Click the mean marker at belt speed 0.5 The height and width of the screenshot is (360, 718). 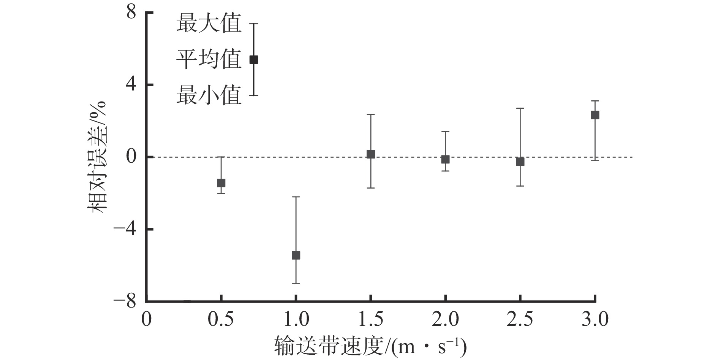coord(221,183)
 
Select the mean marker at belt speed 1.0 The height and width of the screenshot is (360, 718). coord(296,255)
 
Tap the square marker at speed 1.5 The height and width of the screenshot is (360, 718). coord(371,154)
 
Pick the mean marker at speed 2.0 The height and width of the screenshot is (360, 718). coord(445,159)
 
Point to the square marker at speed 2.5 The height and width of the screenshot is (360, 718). coord(520,162)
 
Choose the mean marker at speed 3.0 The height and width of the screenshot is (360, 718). coord(595,115)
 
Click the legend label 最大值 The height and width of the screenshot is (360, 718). coord(209,24)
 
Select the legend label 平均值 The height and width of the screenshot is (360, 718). coord(209,60)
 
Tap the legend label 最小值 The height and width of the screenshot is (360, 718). coord(209,95)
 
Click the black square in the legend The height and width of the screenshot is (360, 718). coord(253,60)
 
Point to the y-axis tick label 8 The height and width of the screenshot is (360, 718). coord(131,13)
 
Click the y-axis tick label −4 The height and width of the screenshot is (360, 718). coord(126,230)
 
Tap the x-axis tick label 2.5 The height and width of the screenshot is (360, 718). coord(520,319)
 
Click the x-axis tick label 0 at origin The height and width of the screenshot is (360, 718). coord(146,319)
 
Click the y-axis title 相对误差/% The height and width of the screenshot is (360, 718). coord(98,157)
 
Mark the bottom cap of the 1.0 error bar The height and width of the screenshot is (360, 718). coord(296,283)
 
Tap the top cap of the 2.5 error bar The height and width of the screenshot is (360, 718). coord(520,108)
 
